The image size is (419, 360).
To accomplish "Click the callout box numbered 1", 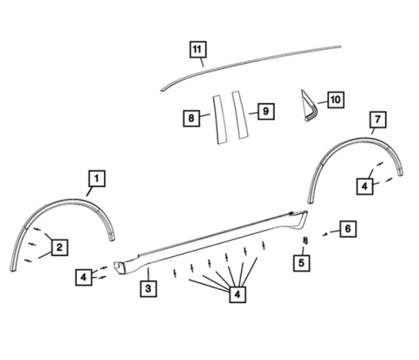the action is click(97, 178).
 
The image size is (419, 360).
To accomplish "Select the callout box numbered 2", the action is click(59, 247).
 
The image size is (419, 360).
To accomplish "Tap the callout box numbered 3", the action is click(148, 288).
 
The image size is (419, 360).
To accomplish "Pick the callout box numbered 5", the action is click(301, 263).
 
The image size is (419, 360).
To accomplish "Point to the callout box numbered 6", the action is click(348, 229).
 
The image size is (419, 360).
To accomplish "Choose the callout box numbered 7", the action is click(378, 120).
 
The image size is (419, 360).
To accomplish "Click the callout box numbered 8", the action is click(191, 118).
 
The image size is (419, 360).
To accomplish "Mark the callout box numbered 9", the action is click(266, 111).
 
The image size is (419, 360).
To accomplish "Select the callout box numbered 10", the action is click(336, 100).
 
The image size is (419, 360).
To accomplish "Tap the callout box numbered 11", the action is click(198, 50).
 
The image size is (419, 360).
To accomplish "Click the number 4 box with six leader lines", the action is click(237, 294).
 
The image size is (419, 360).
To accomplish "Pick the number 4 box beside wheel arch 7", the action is click(365, 186).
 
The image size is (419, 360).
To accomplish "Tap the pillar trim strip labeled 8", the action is click(220, 120).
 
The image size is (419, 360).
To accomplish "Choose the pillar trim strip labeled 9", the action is click(240, 115).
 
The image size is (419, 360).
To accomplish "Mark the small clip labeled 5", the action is click(306, 240).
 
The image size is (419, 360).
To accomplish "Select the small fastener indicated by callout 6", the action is click(326, 234).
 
